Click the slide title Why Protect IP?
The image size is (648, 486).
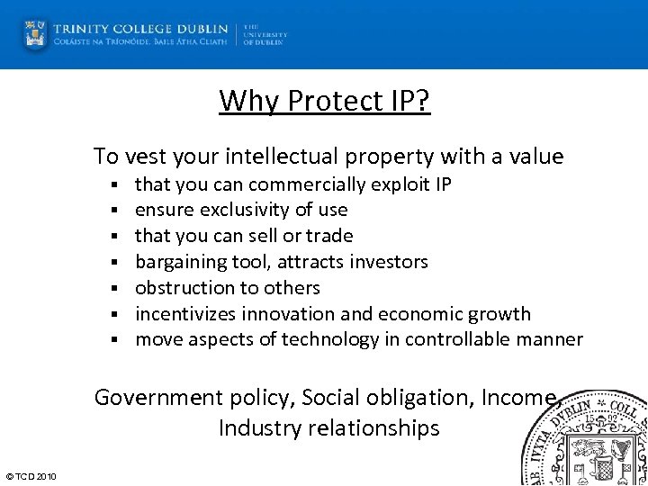[x=325, y=101]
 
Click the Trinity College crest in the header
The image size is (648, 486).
[x=35, y=34]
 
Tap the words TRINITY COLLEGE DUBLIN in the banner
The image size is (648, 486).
[x=140, y=28]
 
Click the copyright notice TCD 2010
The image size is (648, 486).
[x=31, y=476]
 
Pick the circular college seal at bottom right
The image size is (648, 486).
[x=589, y=441]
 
